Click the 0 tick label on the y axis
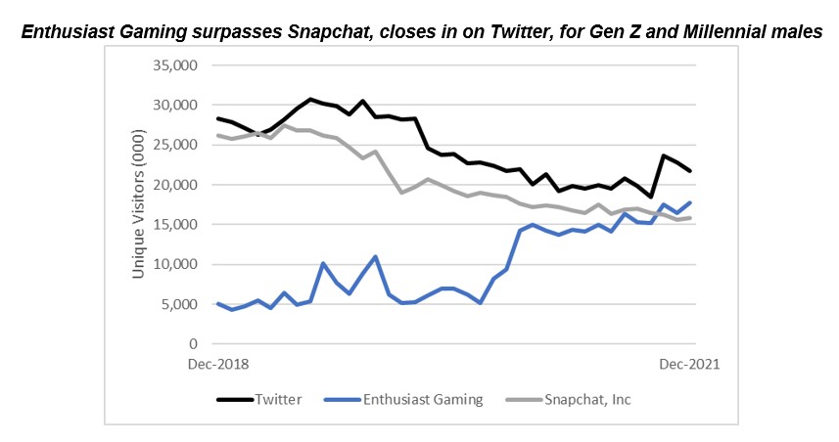194,344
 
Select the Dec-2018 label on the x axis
218,365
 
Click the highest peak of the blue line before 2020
376,256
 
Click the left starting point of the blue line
217,304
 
